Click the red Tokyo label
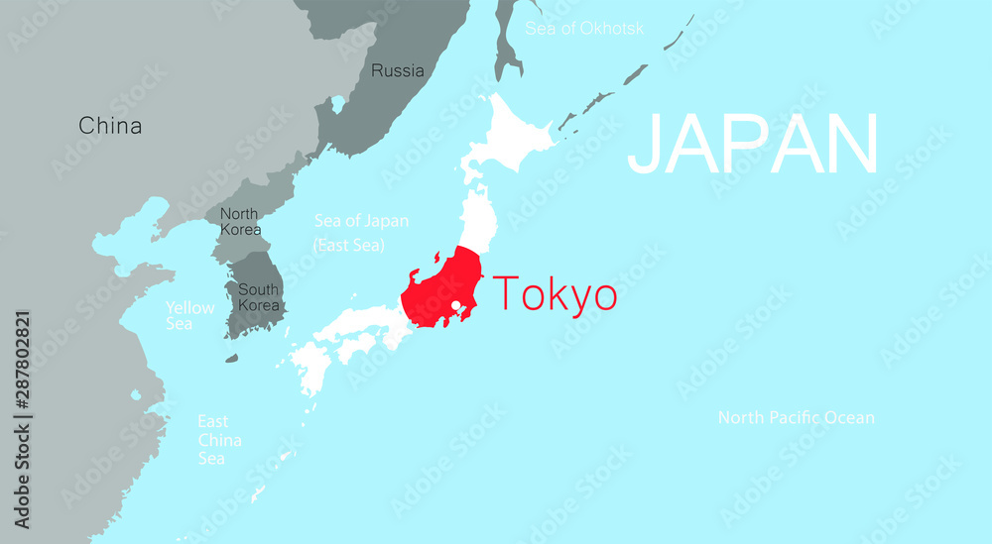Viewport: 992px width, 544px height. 555,294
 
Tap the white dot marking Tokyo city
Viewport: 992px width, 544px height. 455,305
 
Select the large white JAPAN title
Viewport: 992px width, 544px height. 753,145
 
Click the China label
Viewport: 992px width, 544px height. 110,126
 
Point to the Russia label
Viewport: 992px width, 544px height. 397,70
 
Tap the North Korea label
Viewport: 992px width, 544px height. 240,222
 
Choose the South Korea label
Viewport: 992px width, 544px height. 256,297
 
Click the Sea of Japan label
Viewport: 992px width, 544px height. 361,221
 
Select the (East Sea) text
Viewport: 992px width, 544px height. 348,245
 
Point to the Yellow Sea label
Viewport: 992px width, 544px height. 189,315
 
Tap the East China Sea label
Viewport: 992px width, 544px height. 219,439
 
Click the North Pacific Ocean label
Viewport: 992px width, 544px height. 796,417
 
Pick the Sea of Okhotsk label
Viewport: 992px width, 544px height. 584,28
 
